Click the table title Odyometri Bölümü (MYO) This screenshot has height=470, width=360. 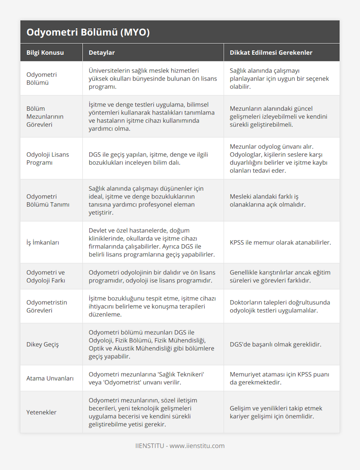[x=88, y=32]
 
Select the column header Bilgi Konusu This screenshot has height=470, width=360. [x=45, y=53]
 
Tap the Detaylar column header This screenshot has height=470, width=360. [x=102, y=53]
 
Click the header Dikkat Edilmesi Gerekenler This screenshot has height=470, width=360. [x=271, y=53]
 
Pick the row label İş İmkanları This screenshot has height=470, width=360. [x=43, y=242]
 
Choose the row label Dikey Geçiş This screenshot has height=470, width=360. [x=43, y=344]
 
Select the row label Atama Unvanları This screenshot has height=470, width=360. [x=50, y=378]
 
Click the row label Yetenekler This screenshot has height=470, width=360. [x=41, y=412]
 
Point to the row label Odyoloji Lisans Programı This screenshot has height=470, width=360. [x=48, y=159]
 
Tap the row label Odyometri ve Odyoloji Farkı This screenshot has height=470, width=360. [x=46, y=276]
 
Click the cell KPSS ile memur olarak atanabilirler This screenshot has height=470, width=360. [x=280, y=242]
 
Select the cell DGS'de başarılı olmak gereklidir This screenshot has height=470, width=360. [x=275, y=344]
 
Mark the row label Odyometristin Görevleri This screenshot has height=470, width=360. [x=47, y=306]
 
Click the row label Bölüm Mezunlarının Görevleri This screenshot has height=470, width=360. [x=45, y=117]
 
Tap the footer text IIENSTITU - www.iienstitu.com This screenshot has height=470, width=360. [x=180, y=446]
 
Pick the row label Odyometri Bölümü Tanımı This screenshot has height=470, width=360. [x=48, y=201]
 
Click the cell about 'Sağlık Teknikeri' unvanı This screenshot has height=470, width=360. [x=146, y=378]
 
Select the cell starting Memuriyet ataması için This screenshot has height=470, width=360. [x=279, y=378]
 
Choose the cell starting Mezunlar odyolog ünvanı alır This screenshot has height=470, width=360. [x=278, y=159]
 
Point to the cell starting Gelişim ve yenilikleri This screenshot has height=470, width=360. [x=276, y=412]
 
